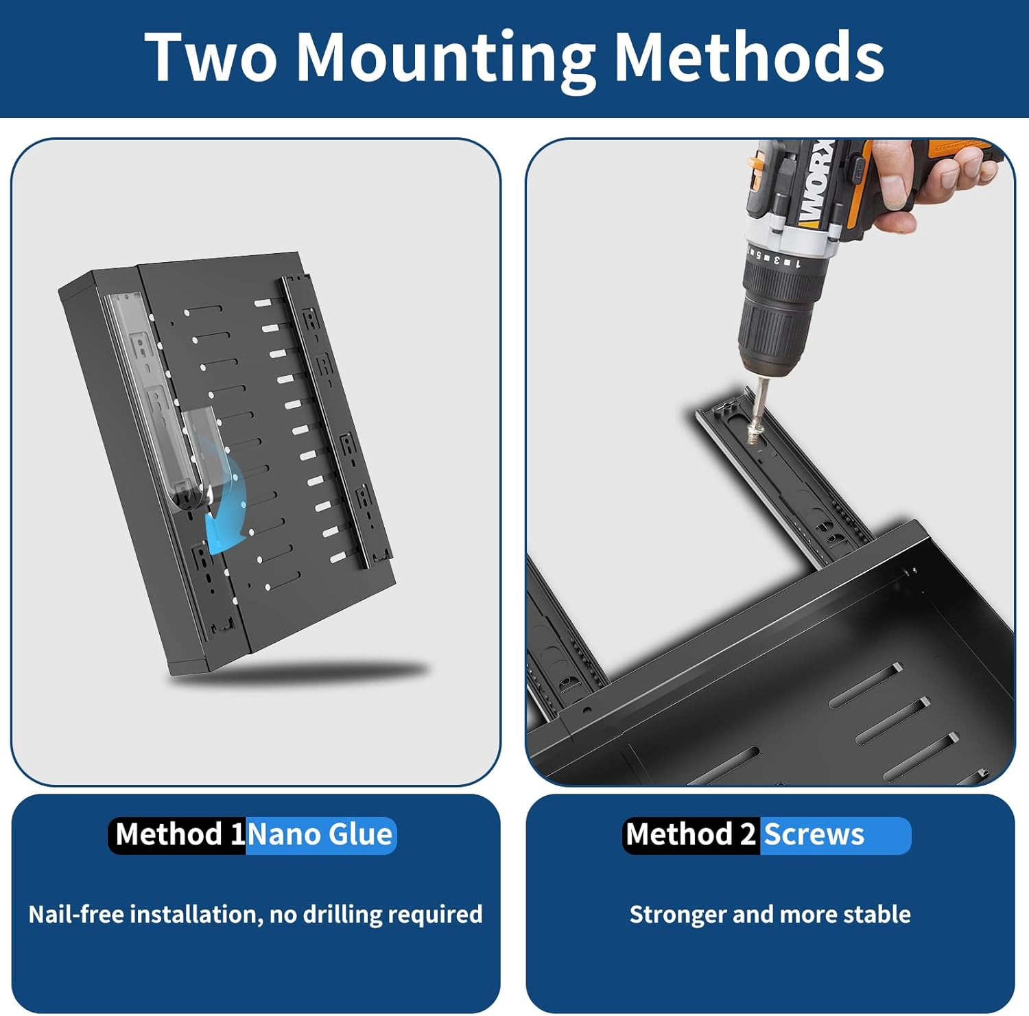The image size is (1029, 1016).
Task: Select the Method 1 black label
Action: click(178, 835)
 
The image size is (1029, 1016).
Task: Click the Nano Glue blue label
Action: click(321, 835)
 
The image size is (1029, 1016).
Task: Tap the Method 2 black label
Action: click(691, 835)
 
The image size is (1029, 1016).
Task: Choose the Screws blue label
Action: click(835, 835)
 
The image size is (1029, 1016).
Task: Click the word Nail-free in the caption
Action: click(76, 914)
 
